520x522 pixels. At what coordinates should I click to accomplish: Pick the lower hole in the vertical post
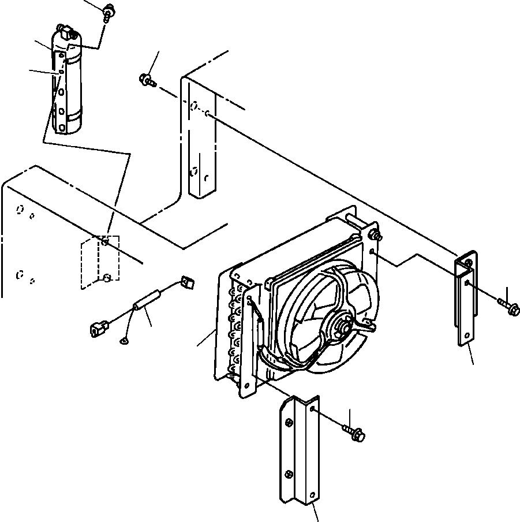click(194, 171)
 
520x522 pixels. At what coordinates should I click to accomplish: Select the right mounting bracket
click(466, 297)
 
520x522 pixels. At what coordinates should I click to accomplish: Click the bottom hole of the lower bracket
click(312, 495)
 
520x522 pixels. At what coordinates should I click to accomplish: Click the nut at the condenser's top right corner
click(377, 234)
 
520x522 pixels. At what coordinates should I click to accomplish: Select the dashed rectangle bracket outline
click(99, 262)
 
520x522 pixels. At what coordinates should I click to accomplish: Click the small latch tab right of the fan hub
click(368, 327)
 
